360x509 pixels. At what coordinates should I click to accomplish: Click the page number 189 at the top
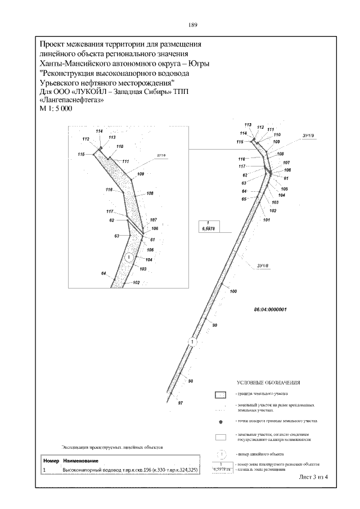[192, 25]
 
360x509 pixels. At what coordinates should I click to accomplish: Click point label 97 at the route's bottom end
[181, 403]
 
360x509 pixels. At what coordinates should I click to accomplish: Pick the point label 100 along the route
[233, 291]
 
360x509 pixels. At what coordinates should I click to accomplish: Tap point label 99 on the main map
[214, 326]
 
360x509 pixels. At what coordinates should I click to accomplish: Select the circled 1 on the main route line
[192, 341]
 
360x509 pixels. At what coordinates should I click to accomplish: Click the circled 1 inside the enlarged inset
[129, 257]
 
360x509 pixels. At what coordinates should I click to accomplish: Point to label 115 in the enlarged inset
[82, 154]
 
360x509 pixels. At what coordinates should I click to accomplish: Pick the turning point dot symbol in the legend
[221, 421]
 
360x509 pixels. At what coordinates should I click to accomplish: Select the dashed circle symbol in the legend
[221, 453]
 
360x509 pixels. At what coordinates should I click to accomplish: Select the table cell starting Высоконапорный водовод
[129, 469]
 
